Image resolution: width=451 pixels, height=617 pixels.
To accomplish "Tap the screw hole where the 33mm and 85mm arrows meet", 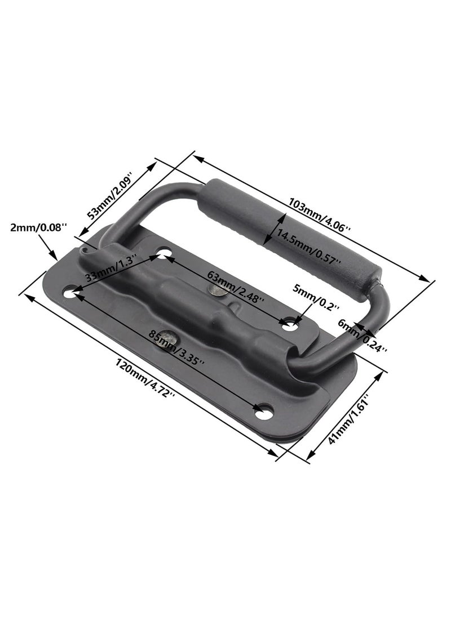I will [70, 293].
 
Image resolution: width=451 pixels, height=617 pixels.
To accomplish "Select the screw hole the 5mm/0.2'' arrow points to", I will [290, 325].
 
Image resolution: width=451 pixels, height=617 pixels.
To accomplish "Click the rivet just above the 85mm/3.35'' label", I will [167, 341].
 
